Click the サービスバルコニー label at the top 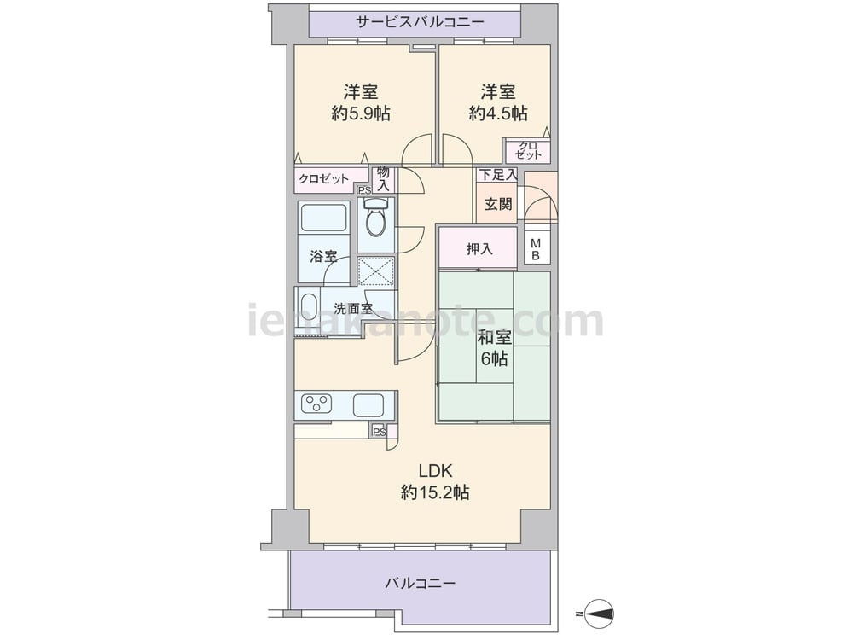(x=420, y=22)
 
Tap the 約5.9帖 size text (x=361, y=113)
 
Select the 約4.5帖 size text (x=498, y=113)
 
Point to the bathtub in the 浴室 (x=324, y=218)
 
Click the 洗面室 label (x=353, y=309)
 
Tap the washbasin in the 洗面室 (x=309, y=310)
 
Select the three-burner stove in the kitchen (x=317, y=404)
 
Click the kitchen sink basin (x=368, y=404)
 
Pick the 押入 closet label (x=479, y=249)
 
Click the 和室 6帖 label (x=494, y=348)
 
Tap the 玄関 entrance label (x=498, y=205)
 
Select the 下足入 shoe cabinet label (x=497, y=175)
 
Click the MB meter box (x=537, y=249)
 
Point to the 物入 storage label (x=384, y=179)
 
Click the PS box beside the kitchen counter (x=380, y=432)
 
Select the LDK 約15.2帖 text (x=435, y=481)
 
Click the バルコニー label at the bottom (x=420, y=584)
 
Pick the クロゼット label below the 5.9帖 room (x=323, y=179)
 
